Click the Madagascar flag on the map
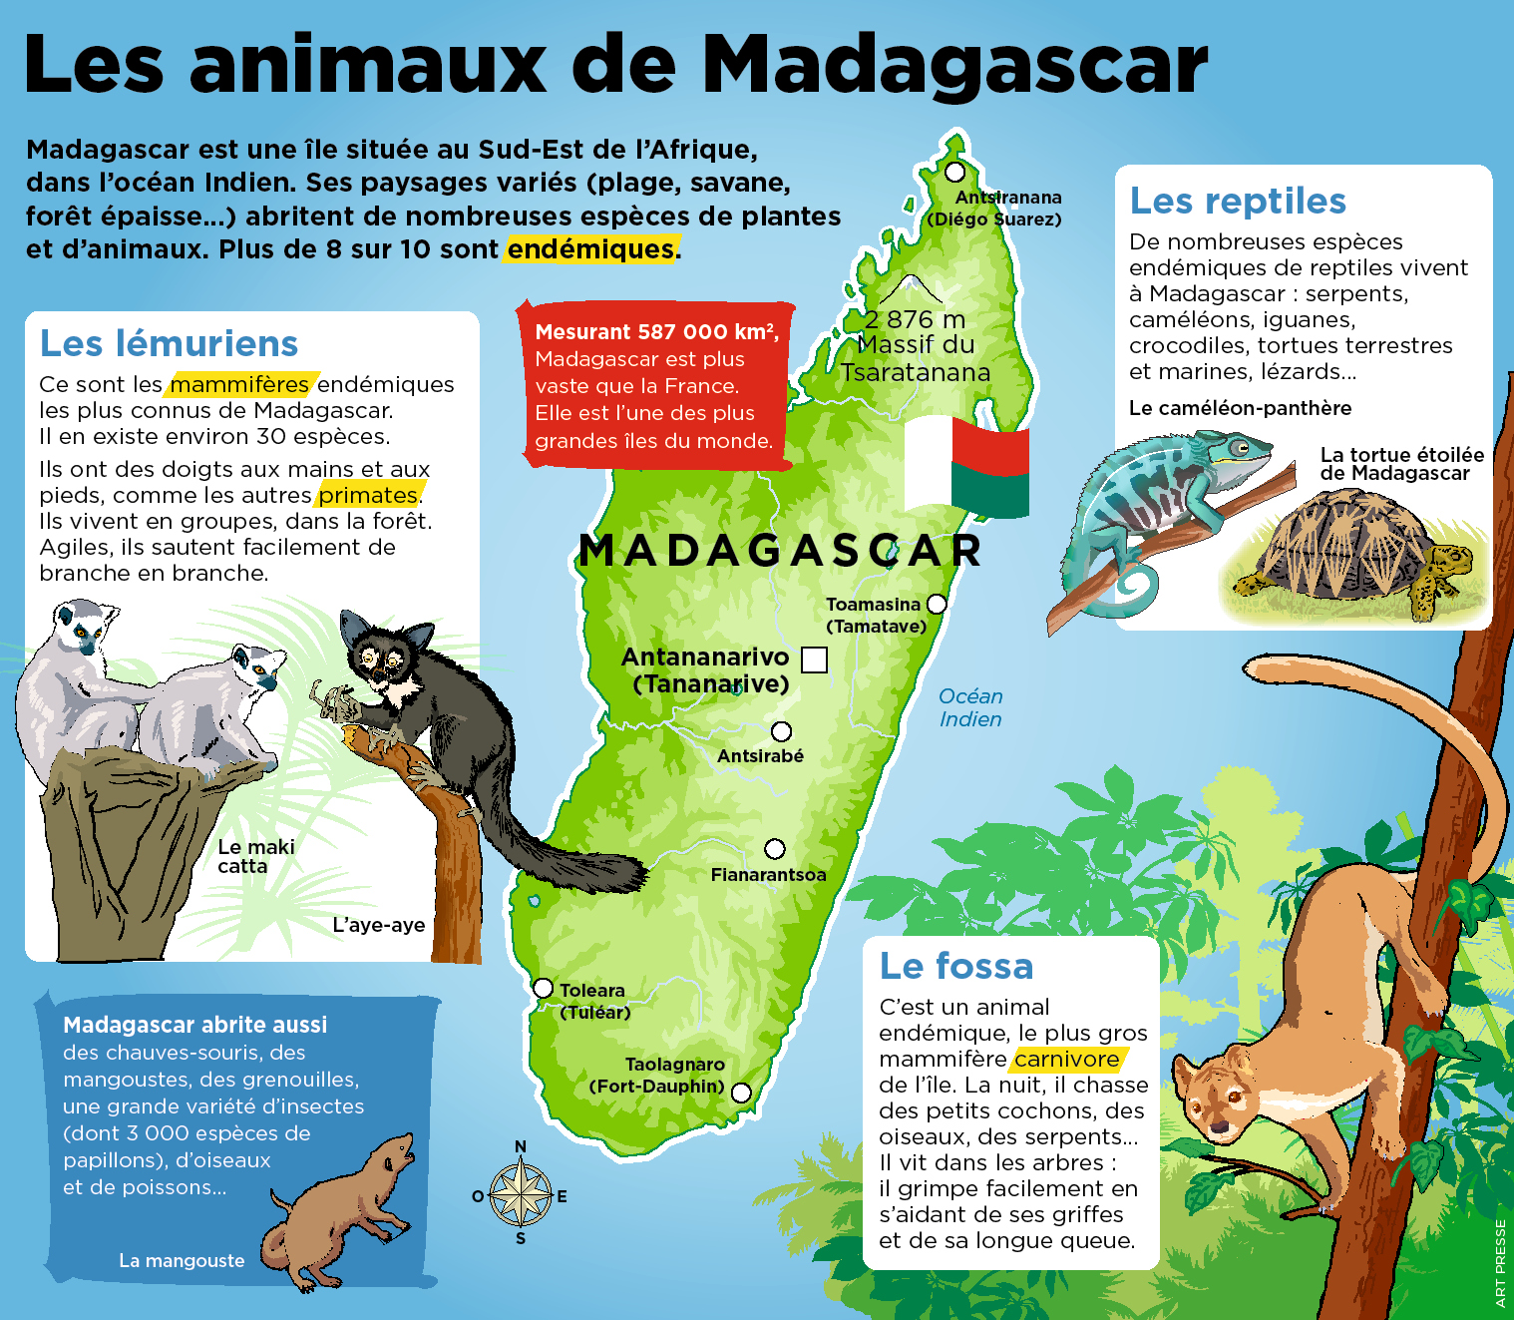point(965,466)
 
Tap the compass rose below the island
point(521,1194)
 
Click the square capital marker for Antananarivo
point(815,660)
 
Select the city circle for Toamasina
point(937,604)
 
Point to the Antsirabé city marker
point(782,731)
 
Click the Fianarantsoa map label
point(768,875)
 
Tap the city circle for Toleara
point(543,988)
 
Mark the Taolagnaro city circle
point(741,1093)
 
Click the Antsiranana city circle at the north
point(955,171)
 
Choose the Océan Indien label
point(970,707)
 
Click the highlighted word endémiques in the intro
point(591,248)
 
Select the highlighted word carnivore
point(1067,1059)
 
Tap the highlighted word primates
point(368,495)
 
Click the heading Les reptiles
point(1238,201)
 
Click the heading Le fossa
point(955,966)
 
